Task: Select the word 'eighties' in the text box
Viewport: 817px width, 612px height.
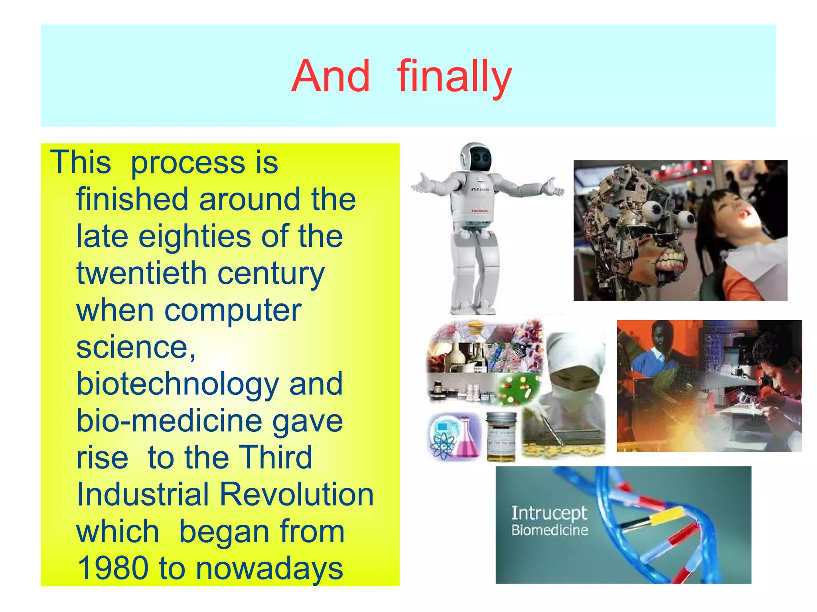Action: pyautogui.click(x=195, y=236)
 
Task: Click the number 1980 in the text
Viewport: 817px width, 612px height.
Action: pyautogui.click(x=113, y=568)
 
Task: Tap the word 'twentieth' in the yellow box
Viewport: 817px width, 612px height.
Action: pyautogui.click(x=141, y=273)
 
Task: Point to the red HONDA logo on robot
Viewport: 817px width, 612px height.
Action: pyautogui.click(x=480, y=211)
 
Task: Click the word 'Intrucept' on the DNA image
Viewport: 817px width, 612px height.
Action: pyautogui.click(x=549, y=514)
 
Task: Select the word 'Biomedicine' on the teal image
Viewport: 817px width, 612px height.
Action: pyautogui.click(x=549, y=530)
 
